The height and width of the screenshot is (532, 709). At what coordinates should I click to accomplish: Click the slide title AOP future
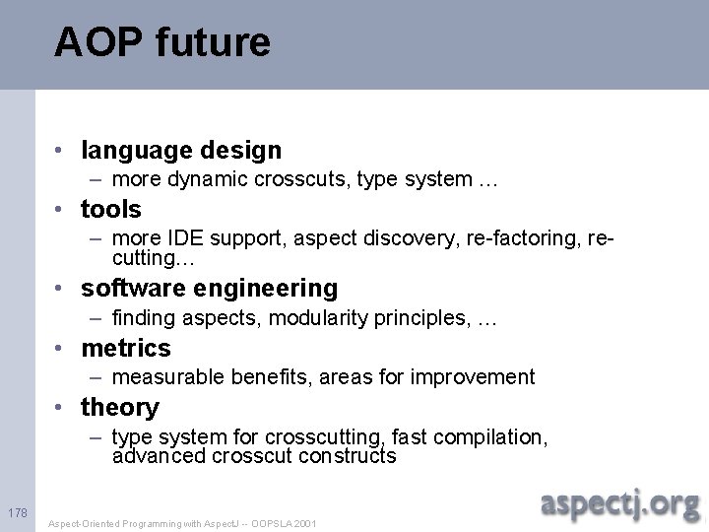coord(161,42)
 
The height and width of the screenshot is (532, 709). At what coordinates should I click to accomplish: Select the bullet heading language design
coord(181,150)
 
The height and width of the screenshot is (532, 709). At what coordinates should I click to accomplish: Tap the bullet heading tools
coord(111,209)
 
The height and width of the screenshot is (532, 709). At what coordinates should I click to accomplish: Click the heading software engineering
coord(209,289)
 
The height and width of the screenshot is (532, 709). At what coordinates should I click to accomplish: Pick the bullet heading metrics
coord(126,348)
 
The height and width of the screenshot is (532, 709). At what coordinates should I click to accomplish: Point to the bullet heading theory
coord(120,407)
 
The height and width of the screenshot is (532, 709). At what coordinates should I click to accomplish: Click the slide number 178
coord(17,513)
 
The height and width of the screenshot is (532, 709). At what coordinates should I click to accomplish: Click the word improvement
coord(476,377)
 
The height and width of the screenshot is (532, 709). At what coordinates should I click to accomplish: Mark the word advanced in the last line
coord(154,456)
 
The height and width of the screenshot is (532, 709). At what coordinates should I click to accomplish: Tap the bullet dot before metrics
coord(61,349)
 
